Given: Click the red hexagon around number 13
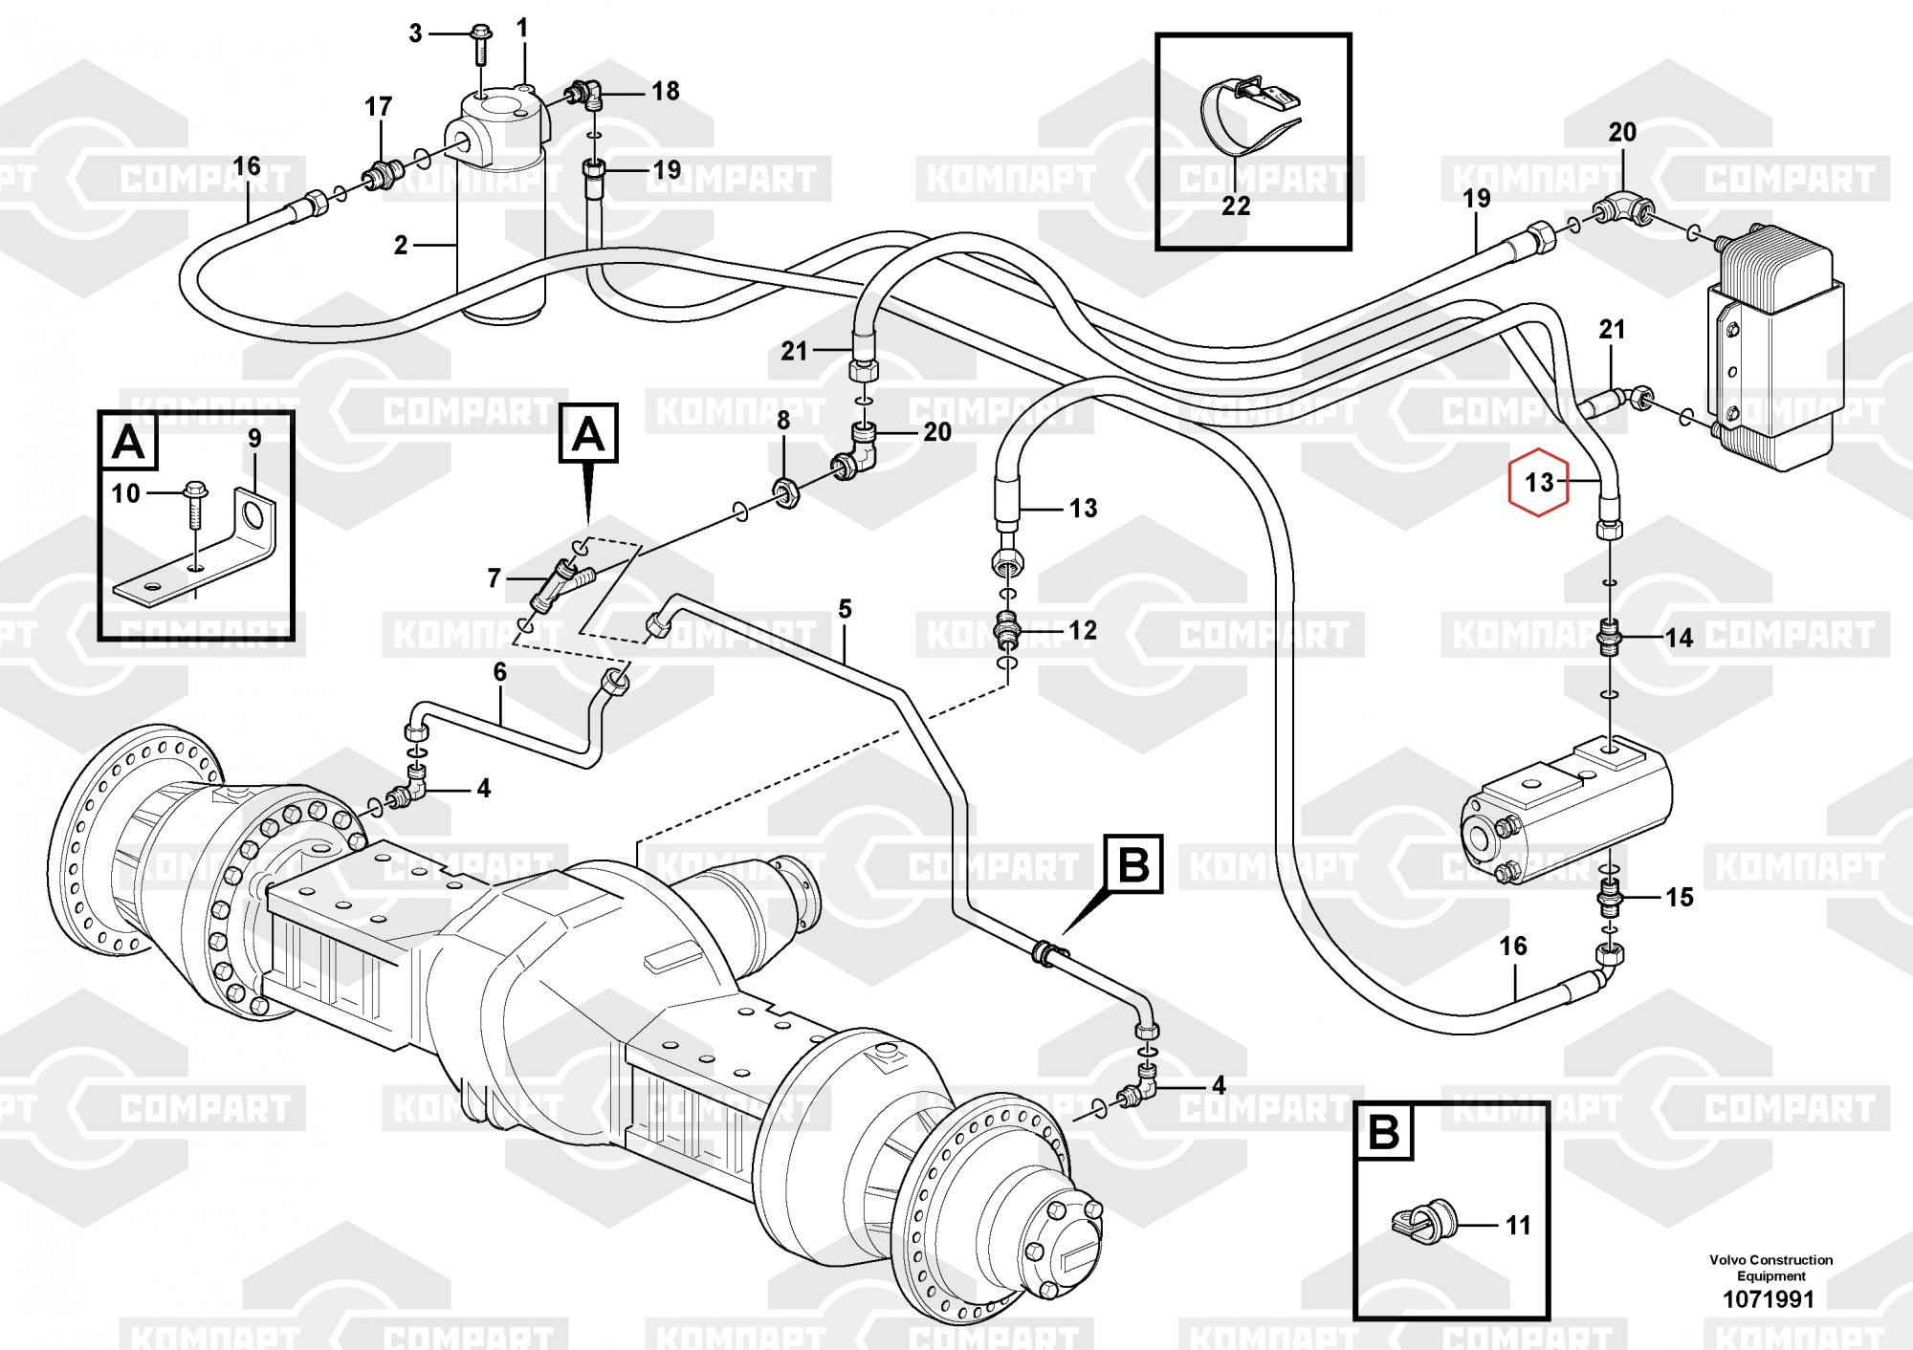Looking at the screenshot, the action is (1539, 481).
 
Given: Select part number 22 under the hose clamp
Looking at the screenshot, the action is (1236, 206).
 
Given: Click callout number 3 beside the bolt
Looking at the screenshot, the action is (415, 34).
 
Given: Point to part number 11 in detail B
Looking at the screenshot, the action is (1518, 1226).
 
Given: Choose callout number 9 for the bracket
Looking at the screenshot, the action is (254, 439).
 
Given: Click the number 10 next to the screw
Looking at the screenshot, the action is (126, 493).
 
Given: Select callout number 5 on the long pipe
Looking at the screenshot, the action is (845, 609).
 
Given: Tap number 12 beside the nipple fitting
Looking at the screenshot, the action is (1083, 631).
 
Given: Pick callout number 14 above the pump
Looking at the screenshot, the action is (1680, 638).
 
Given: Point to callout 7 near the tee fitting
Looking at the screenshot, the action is (495, 578).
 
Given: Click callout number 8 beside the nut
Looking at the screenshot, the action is (782, 421).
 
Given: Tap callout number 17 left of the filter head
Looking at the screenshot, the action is (379, 107).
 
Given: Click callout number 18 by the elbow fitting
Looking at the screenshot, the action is (666, 91).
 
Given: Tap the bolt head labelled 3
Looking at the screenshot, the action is (480, 38).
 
